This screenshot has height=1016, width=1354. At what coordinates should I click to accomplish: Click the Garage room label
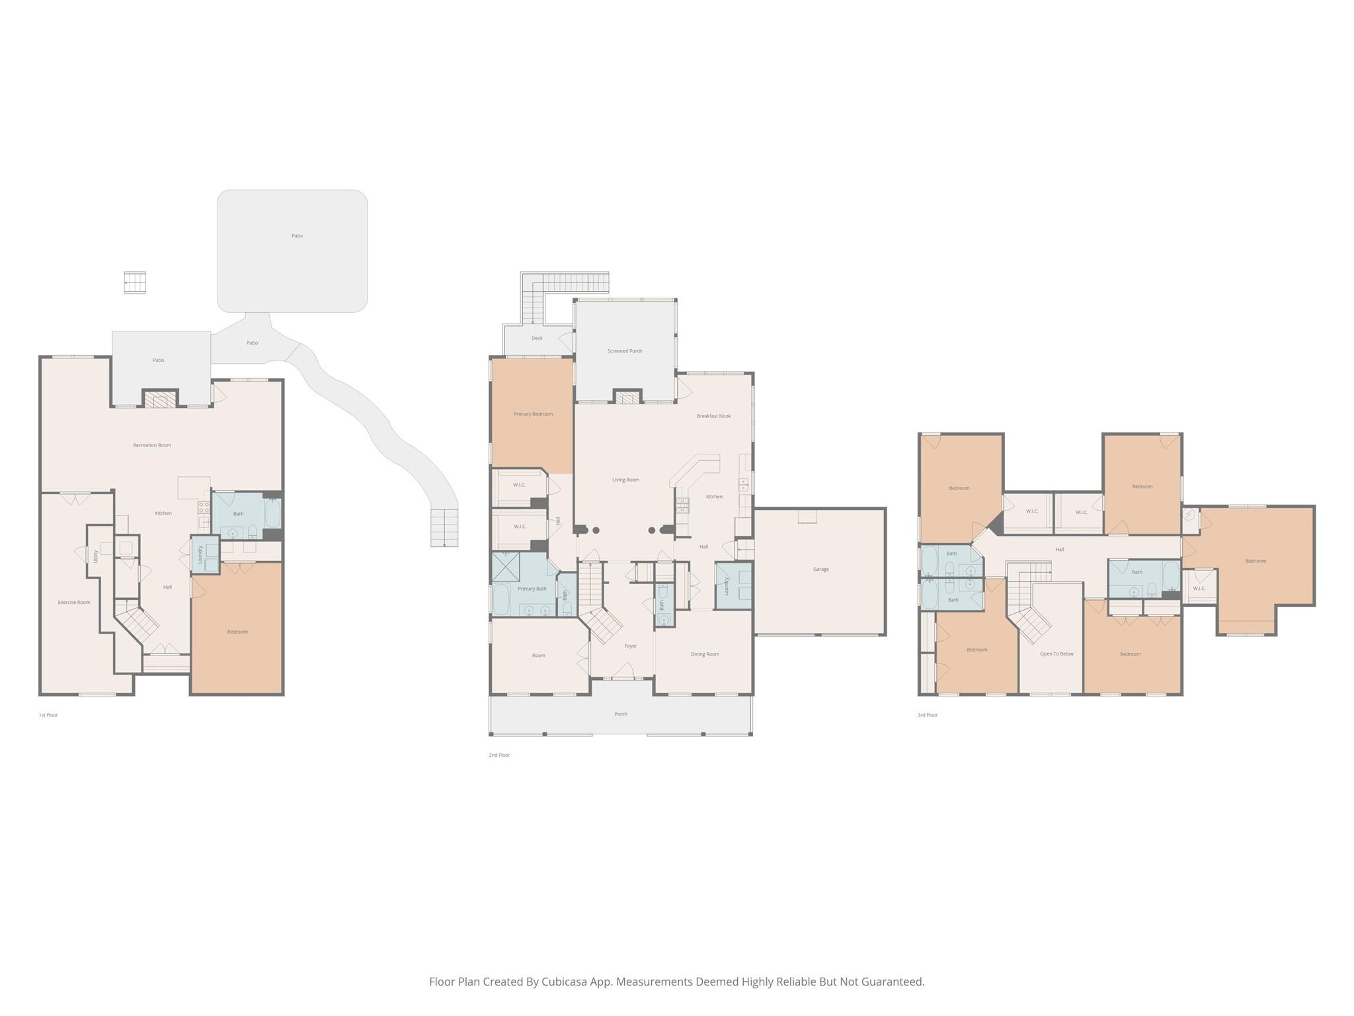pyautogui.click(x=820, y=569)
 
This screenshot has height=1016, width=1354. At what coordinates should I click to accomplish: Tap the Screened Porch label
pyautogui.click(x=625, y=351)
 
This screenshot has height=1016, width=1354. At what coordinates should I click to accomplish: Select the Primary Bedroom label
pyautogui.click(x=533, y=414)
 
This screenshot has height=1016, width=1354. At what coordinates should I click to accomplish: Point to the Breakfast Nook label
pyautogui.click(x=713, y=416)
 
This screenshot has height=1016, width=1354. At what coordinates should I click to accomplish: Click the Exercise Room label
pyautogui.click(x=74, y=603)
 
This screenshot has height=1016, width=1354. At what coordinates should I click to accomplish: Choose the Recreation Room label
pyautogui.click(x=152, y=445)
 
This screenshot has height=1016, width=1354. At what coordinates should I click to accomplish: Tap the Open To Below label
pyautogui.click(x=1056, y=654)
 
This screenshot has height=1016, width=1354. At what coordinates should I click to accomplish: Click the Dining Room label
pyautogui.click(x=705, y=654)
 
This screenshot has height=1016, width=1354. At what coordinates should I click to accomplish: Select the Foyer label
pyautogui.click(x=631, y=646)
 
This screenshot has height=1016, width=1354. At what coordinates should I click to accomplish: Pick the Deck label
pyautogui.click(x=537, y=338)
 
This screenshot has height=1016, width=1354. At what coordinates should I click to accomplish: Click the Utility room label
pyautogui.click(x=96, y=556)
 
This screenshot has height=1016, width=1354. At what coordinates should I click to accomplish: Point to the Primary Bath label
pyautogui.click(x=532, y=589)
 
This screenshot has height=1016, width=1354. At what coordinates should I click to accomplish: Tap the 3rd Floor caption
pyautogui.click(x=928, y=715)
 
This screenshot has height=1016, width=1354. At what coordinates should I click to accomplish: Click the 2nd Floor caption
pyautogui.click(x=499, y=755)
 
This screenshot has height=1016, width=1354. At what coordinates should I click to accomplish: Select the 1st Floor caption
pyautogui.click(x=48, y=715)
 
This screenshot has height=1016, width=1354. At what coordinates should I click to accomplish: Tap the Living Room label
pyautogui.click(x=625, y=480)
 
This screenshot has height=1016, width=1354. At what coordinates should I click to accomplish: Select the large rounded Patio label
pyautogui.click(x=297, y=235)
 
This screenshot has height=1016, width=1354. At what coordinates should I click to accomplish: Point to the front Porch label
pyautogui.click(x=620, y=714)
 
